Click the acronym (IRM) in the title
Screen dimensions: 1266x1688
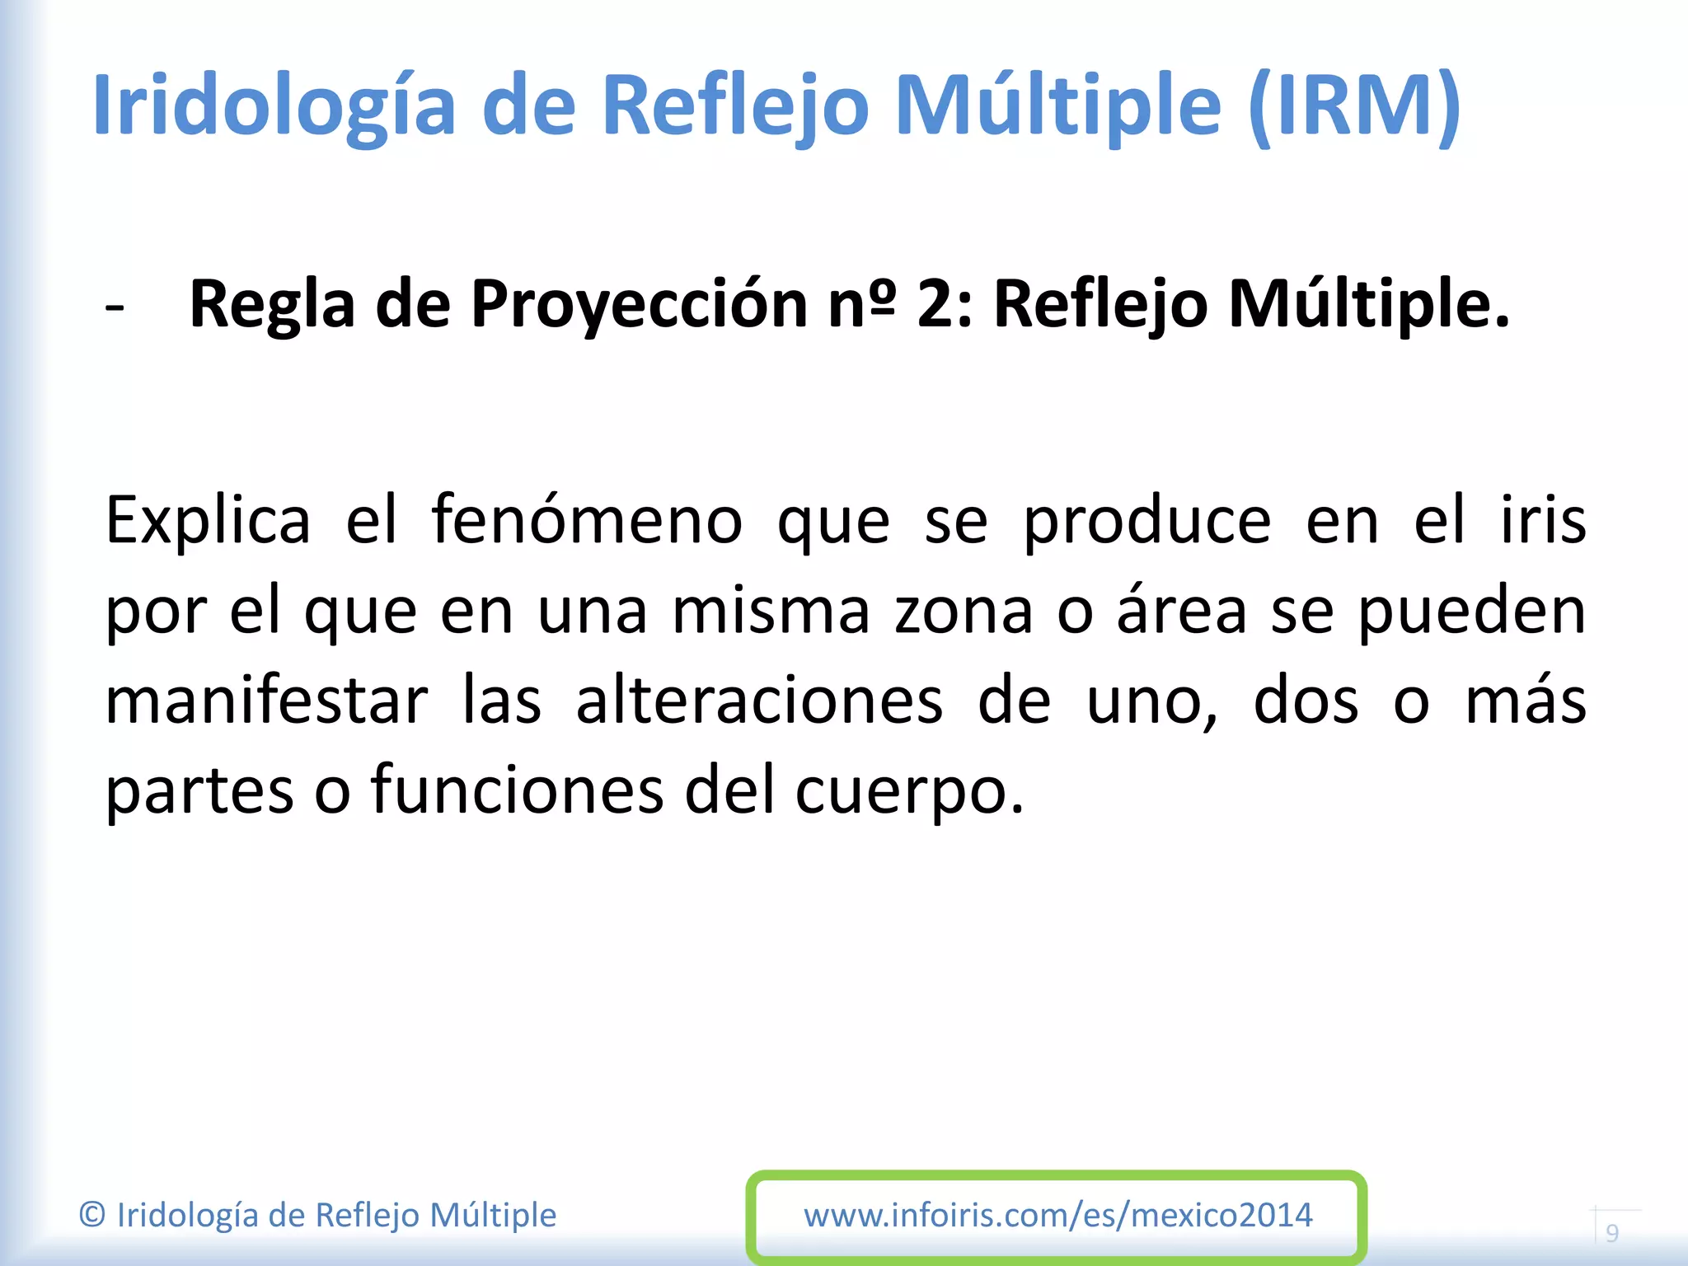1354,105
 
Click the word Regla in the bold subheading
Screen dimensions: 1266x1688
272,305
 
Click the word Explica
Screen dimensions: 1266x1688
208,521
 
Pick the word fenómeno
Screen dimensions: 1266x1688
587,521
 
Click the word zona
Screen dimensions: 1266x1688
964,612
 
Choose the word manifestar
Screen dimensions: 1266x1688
267,701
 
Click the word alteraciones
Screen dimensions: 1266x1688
759,701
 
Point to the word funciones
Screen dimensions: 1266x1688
517,790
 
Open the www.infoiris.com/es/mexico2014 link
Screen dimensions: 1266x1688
1057,1216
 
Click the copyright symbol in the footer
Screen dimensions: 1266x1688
92,1216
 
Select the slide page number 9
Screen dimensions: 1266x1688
1612,1233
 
